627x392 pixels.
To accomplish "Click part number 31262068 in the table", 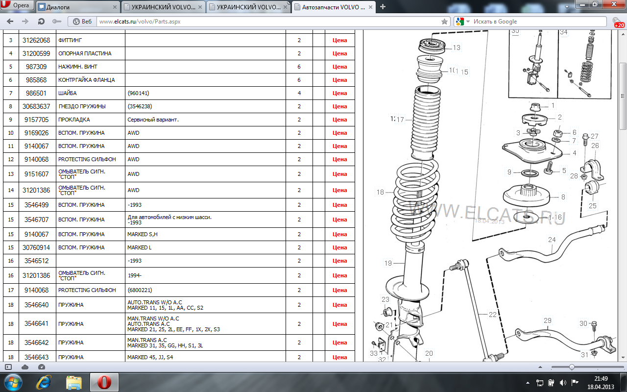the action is click(36, 40).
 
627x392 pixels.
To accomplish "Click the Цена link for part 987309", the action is click(339, 67).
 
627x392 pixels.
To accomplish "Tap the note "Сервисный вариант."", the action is click(153, 120).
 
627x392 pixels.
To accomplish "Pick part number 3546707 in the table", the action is click(36, 220).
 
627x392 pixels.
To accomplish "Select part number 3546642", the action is click(36, 343).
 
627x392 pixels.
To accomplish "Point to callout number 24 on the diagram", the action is click(552, 240).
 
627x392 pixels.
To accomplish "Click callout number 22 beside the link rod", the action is click(492, 315).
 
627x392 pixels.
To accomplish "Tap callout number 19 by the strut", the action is click(388, 263).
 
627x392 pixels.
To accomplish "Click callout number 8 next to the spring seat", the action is click(563, 197).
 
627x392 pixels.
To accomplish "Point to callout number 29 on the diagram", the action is click(547, 320).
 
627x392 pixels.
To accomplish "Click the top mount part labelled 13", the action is click(432, 47).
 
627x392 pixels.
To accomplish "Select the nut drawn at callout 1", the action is click(535, 107).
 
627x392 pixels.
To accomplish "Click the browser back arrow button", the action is click(10, 21).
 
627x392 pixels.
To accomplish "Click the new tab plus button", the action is click(383, 7).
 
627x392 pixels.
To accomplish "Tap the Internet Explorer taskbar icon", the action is click(44, 382).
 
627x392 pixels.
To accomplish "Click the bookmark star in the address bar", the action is click(444, 22).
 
